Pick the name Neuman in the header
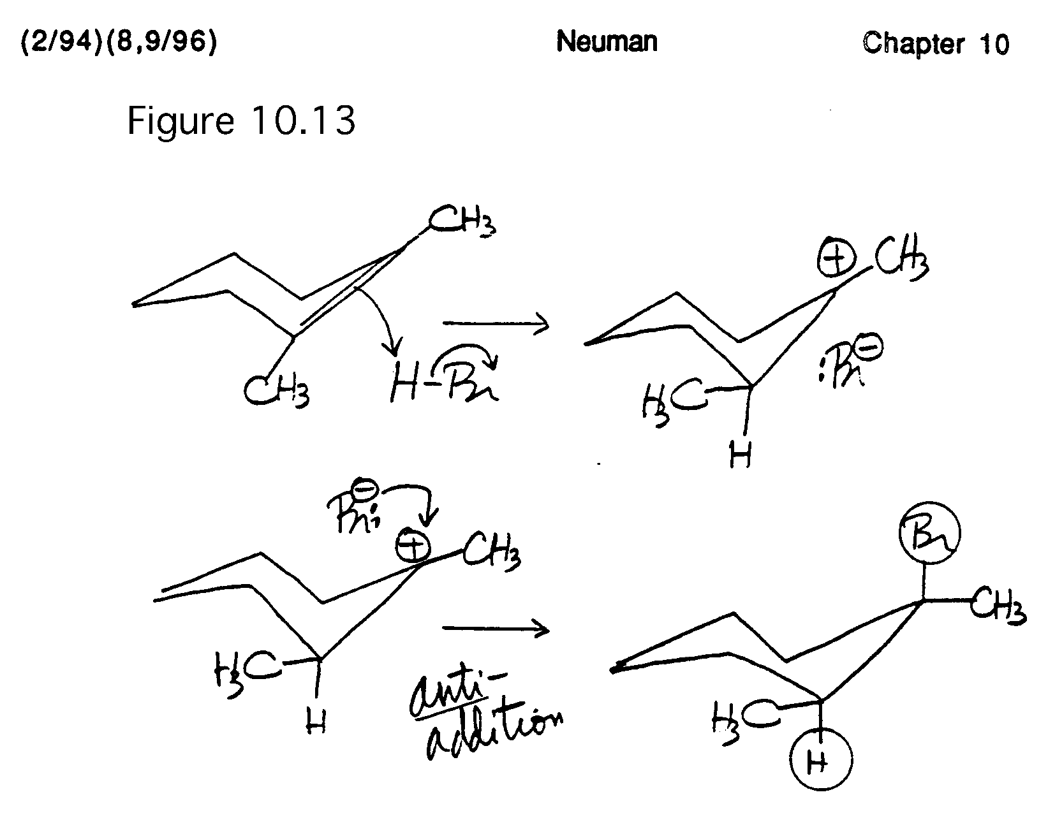(607, 42)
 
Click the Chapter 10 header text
(936, 43)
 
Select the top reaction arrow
(496, 324)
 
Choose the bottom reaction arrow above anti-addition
(496, 629)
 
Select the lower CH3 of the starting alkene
(276, 390)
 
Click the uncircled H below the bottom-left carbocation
(316, 723)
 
